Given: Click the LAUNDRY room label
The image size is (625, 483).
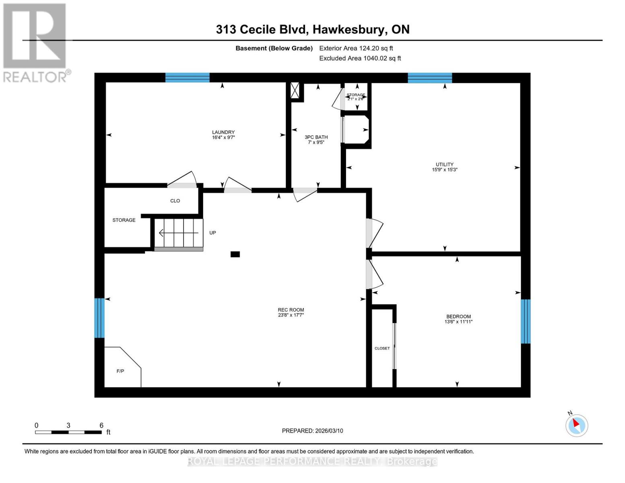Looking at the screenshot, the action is [x=223, y=132].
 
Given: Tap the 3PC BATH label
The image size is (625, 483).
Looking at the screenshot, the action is [x=316, y=137].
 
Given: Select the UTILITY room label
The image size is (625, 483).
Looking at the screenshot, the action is [x=444, y=164].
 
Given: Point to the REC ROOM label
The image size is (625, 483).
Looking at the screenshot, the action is [x=291, y=310].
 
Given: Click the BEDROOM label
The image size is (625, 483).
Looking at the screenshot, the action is [x=458, y=316].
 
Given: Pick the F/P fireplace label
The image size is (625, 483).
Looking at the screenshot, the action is [x=120, y=371].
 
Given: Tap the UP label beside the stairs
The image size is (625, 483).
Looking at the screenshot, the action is [x=212, y=233].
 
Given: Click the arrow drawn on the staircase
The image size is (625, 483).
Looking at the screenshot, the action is [x=179, y=233].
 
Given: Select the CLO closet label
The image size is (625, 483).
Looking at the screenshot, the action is [x=175, y=201].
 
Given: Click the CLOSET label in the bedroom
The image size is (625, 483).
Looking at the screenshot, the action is [x=382, y=349].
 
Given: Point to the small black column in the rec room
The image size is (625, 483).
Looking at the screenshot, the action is [x=235, y=254].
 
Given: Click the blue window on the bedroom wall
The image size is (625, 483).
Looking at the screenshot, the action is [x=526, y=321].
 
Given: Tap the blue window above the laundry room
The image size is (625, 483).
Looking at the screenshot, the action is [x=187, y=78].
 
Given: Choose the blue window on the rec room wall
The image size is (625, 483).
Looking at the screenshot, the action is [x=99, y=318].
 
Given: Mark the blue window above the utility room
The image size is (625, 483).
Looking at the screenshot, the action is [x=430, y=78].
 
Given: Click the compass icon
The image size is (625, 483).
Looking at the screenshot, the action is [x=577, y=425].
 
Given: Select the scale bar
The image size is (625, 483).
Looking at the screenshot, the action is [x=68, y=432].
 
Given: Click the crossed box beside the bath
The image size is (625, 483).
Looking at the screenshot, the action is [x=295, y=90].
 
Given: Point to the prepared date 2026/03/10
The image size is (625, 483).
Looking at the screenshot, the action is [x=329, y=431].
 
